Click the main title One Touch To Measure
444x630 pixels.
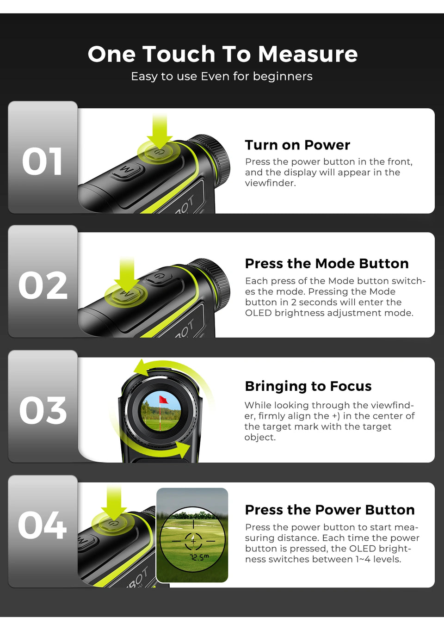coord(222,54)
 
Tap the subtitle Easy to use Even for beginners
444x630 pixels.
coord(222,76)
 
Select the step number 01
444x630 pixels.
coord(42,161)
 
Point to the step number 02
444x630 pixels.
coord(43,285)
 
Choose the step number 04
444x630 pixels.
coord(43,525)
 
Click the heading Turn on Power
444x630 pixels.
coord(297,145)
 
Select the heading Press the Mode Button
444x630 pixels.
coord(327,264)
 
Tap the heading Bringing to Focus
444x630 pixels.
coord(308,386)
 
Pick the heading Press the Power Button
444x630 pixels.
coord(330,510)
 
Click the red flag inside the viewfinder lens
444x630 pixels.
coord(163,399)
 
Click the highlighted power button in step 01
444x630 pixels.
coord(159,152)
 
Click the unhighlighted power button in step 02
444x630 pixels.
coord(159,276)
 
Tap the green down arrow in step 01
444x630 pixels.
coord(160,131)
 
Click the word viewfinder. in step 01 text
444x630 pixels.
coord(270,183)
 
